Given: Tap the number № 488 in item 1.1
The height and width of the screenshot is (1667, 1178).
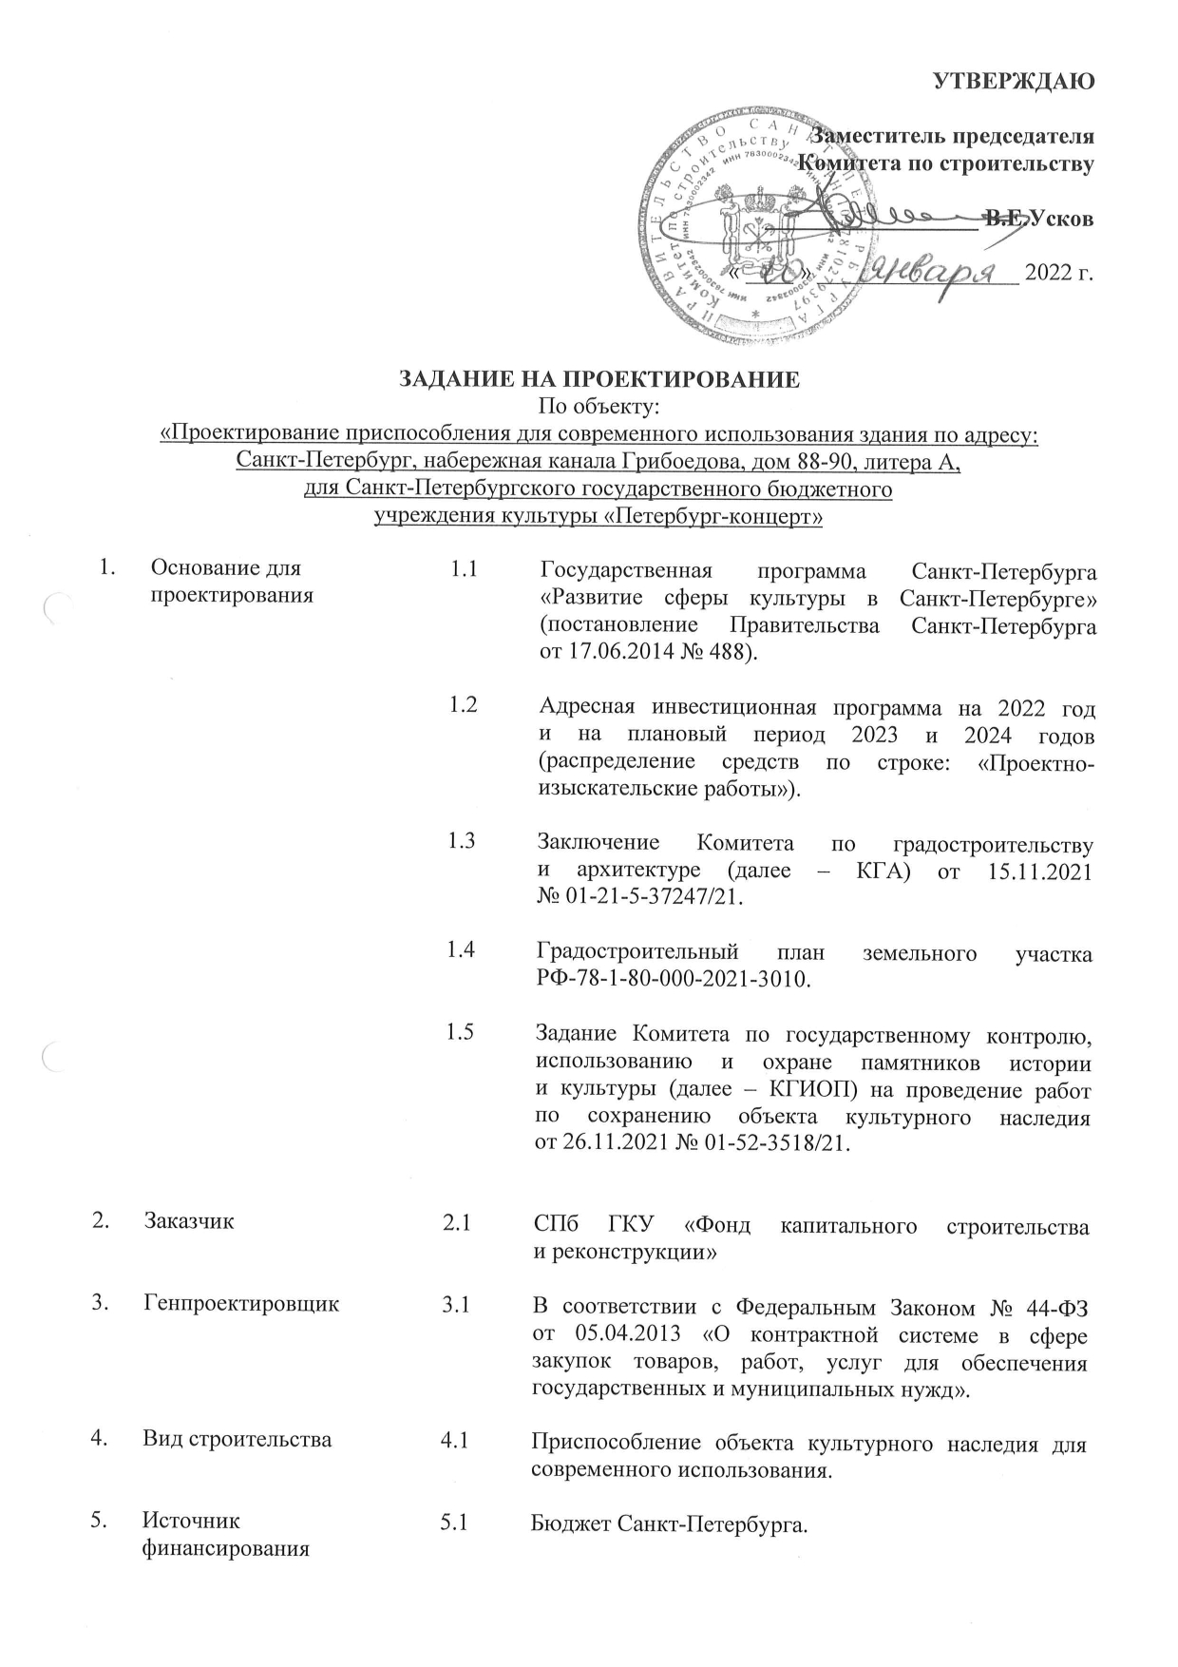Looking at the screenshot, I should click(x=722, y=653).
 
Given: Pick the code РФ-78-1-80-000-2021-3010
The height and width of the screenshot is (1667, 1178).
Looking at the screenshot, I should click(x=674, y=979).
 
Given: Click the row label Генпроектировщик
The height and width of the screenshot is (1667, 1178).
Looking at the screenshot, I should click(x=240, y=1304).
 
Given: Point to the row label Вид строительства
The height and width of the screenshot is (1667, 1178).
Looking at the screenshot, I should click(x=237, y=1439).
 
